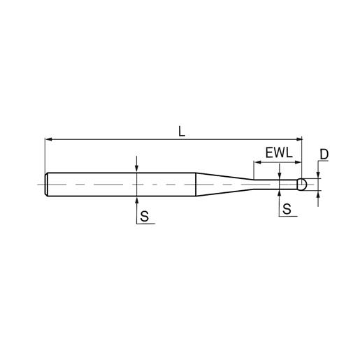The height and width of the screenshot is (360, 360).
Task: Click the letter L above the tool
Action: click(181, 131)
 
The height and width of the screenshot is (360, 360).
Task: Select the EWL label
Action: click(279, 153)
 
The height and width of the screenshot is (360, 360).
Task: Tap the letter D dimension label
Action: click(324, 154)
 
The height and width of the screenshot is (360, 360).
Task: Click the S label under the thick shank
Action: click(145, 217)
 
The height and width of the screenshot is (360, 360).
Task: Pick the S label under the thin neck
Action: click(287, 209)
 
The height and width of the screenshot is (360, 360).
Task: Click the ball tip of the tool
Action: click(302, 185)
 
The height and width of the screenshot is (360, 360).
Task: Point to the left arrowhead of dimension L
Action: click(48, 139)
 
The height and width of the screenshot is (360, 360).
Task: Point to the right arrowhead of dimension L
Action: click(298, 139)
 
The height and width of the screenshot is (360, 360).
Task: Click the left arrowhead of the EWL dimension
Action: click(257, 162)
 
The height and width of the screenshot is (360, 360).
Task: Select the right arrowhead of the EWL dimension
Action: click(298, 162)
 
